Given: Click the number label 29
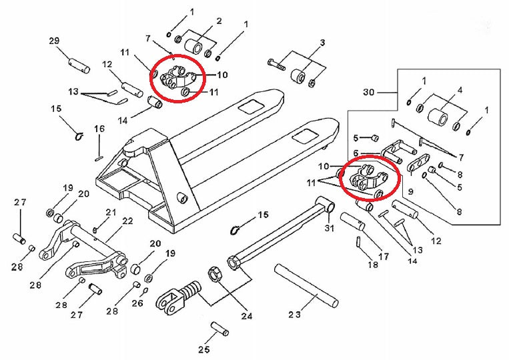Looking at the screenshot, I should pos(55,41).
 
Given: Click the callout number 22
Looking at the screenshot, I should pos(127,221).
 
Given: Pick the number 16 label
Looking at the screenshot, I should pos(99,128).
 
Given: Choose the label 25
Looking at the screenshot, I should pos(204,349).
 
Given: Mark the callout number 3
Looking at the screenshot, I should pos(322,43).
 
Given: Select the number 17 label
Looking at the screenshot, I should pos(384,256).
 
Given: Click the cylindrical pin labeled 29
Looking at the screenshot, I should pos(78,65).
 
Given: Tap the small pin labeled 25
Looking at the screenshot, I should pos(218,329).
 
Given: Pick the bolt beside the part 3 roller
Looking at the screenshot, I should pos(276,65).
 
